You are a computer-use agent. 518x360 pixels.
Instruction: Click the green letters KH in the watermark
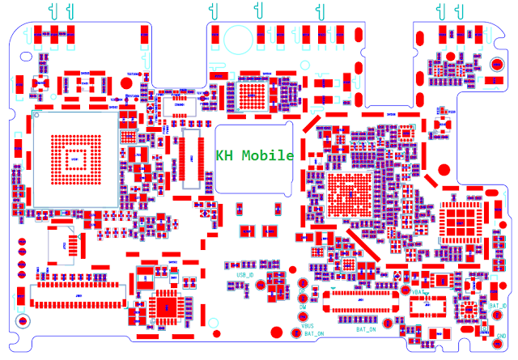click(x=224, y=155)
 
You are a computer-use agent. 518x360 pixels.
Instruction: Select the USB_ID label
click(x=245, y=275)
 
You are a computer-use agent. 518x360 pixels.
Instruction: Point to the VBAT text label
click(x=418, y=291)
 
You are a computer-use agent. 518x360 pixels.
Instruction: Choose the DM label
click(x=302, y=308)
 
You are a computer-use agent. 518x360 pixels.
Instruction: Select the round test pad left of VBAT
click(x=405, y=290)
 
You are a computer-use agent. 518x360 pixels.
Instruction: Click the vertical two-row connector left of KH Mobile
click(x=192, y=157)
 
